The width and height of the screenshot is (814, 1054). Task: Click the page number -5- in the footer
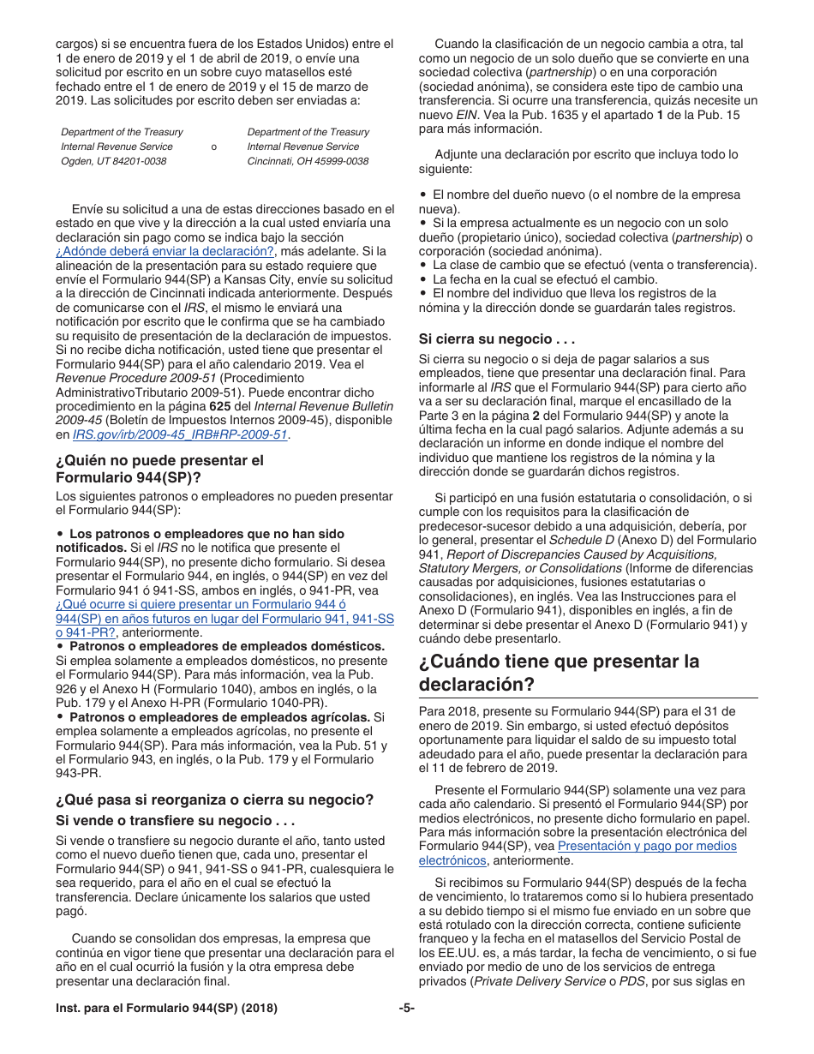(406, 1009)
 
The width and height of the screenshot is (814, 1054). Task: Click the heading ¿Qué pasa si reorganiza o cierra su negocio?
(214, 799)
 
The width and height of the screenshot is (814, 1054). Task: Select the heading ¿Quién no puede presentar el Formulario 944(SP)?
(159, 469)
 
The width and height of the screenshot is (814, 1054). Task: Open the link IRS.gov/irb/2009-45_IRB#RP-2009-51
(181, 434)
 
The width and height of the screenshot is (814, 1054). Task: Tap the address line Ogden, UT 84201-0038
(114, 161)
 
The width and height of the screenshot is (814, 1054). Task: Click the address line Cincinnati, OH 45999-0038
(308, 161)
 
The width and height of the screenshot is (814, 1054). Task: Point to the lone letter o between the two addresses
(213, 147)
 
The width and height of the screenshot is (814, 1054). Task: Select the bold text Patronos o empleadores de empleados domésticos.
(227, 645)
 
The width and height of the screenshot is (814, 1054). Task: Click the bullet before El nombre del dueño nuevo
(423, 195)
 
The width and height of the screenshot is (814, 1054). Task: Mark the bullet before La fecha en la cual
(423, 279)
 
